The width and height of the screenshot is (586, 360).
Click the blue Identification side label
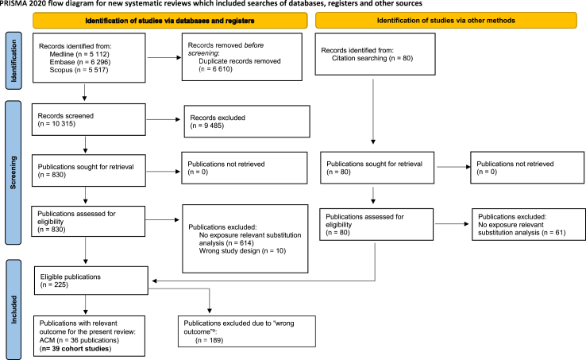[x=13, y=60]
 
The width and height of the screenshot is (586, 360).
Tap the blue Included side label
[x=13, y=309]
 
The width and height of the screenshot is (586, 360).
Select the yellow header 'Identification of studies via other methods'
[x=446, y=21]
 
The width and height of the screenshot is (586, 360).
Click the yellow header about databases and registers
[x=170, y=21]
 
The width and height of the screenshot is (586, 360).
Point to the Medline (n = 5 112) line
[x=79, y=54]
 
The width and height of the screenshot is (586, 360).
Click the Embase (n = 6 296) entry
[x=80, y=62]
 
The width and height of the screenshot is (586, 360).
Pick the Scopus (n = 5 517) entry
[x=79, y=70]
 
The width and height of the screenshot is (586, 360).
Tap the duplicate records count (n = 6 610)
[x=215, y=69]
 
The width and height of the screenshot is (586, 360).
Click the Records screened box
[x=89, y=120]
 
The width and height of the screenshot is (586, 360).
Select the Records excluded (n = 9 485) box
[x=247, y=122]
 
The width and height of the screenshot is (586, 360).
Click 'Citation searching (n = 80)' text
[x=372, y=58]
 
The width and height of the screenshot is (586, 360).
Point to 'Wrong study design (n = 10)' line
[x=242, y=250]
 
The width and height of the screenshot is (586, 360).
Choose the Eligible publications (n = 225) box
[x=91, y=281]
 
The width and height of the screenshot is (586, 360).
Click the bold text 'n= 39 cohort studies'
[x=75, y=349]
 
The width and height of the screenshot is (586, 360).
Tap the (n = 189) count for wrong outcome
[x=210, y=340]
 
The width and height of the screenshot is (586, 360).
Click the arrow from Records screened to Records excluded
[x=164, y=120]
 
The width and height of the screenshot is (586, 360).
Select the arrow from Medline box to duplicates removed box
[x=164, y=58]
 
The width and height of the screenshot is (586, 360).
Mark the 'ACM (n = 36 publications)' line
[x=79, y=340]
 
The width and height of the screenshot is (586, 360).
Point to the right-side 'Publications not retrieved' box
[x=527, y=168]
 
